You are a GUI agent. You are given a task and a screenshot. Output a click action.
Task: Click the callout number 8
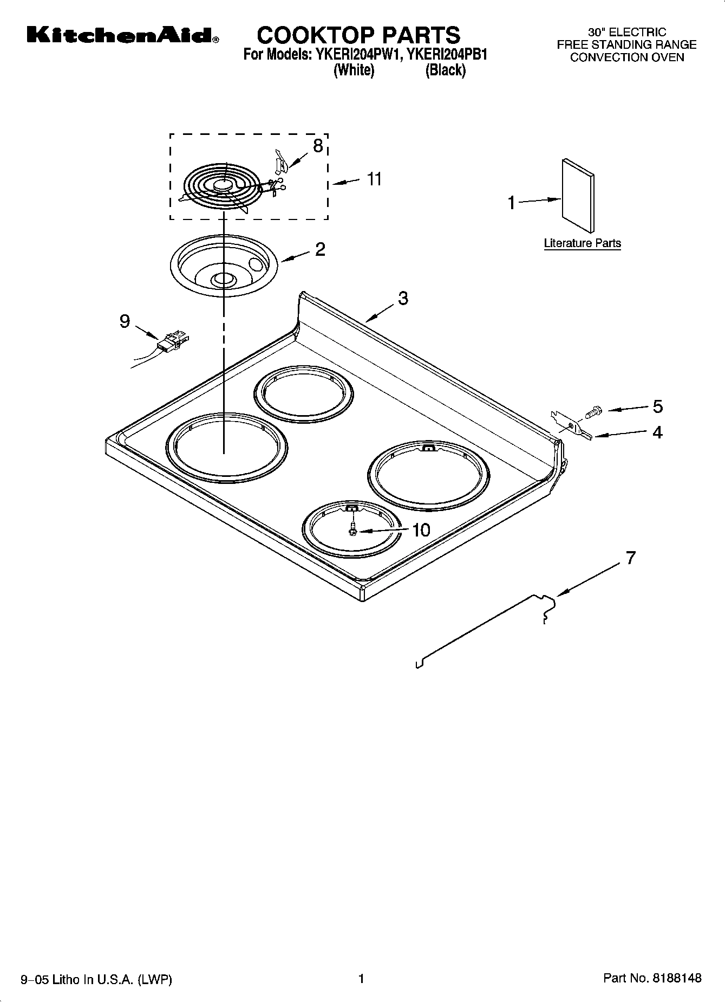(318, 145)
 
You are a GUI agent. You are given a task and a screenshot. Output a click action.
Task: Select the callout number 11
(374, 179)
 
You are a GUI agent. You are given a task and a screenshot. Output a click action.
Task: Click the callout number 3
(403, 298)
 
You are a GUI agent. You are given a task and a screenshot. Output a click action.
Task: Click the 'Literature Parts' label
(582, 243)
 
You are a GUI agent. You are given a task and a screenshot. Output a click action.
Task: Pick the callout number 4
(657, 432)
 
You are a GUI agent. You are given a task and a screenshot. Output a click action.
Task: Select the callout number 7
(630, 558)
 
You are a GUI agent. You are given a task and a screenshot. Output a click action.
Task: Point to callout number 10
(421, 529)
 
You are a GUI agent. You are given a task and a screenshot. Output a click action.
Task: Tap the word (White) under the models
(354, 70)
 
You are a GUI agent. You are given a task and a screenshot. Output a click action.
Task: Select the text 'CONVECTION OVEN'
(627, 57)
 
